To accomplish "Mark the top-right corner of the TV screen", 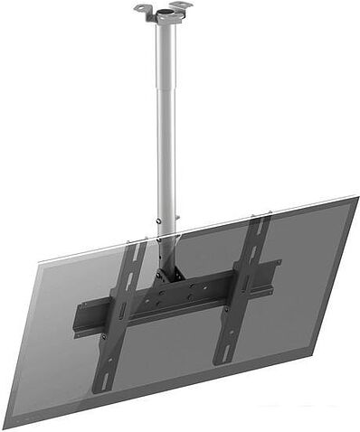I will pyautogui.click(x=355, y=198).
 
